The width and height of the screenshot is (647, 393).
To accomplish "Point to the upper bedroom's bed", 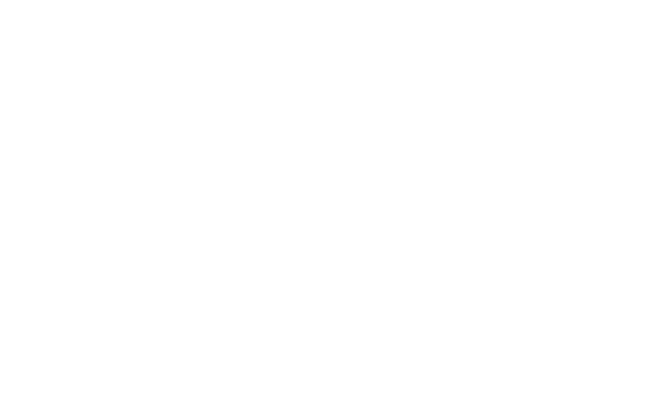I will (584, 87).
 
